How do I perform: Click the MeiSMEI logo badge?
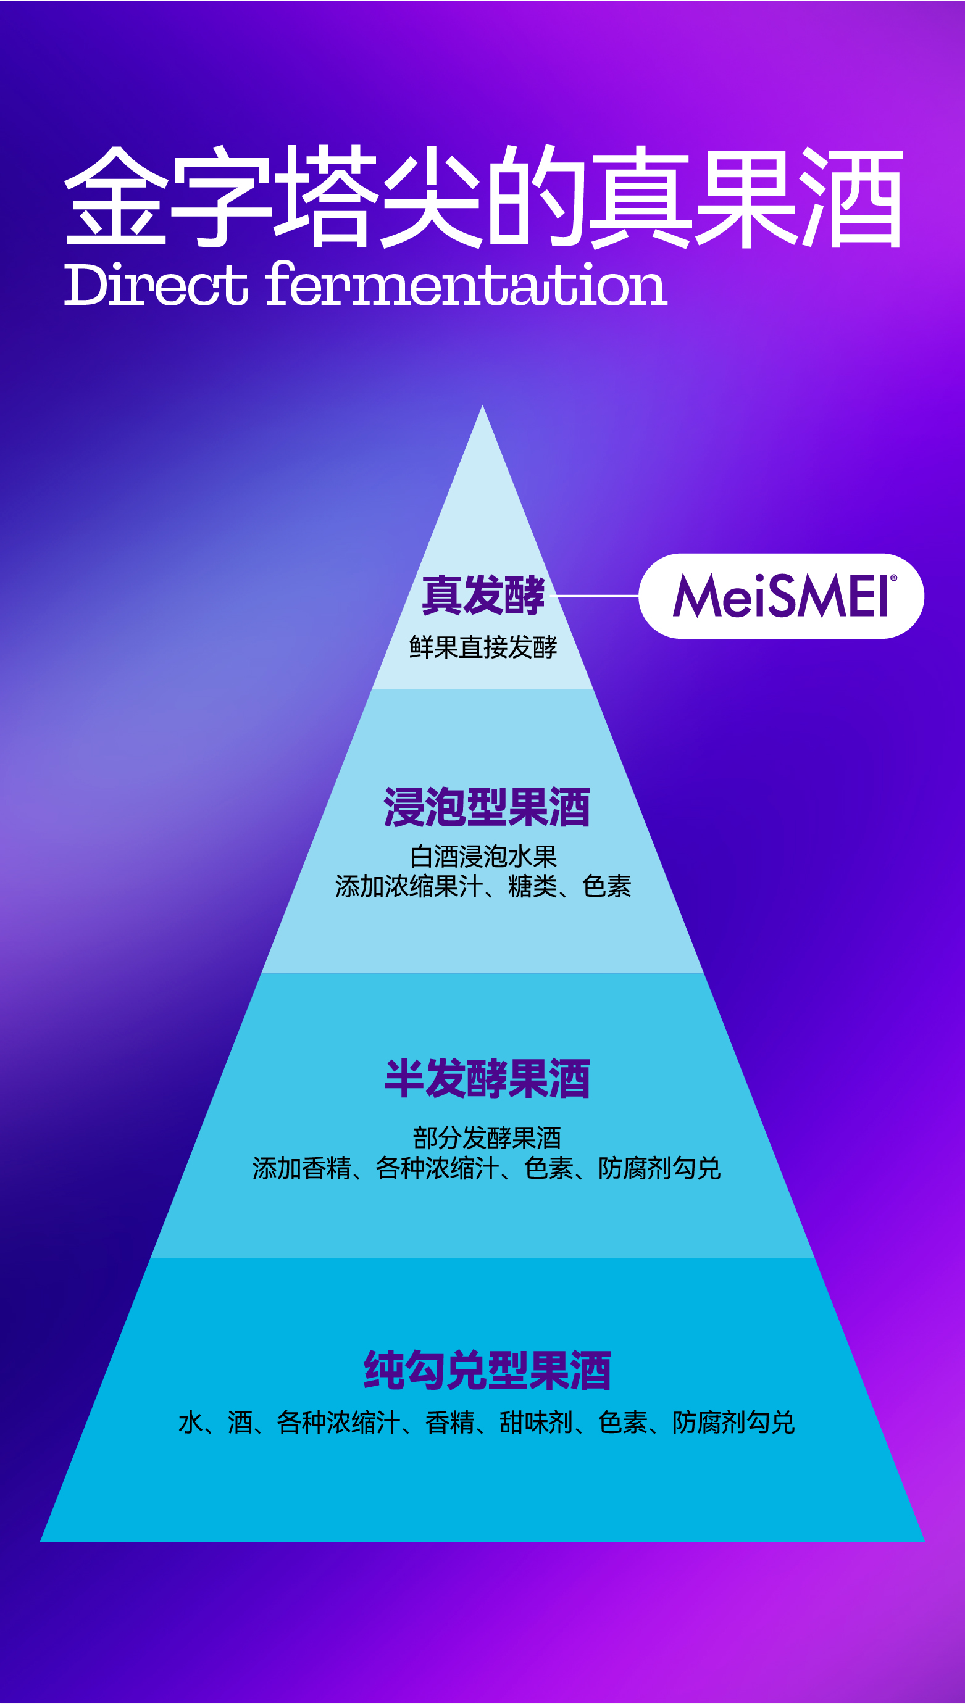[781, 596]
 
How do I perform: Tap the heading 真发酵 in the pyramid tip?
[483, 595]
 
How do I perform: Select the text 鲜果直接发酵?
[483, 647]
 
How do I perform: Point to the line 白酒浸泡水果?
[483, 856]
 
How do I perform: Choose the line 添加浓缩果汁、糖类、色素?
[483, 886]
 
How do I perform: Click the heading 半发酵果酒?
[487, 1079]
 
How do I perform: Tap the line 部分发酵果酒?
[487, 1137]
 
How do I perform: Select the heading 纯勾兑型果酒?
[487, 1370]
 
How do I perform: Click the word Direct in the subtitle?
[156, 285]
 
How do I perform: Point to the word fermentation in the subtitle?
[467, 285]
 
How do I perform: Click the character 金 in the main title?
[115, 196]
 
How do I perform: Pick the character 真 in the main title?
[640, 196]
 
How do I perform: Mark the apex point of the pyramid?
[483, 406]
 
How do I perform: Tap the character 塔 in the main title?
[325, 196]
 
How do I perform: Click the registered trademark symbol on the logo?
[893, 578]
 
